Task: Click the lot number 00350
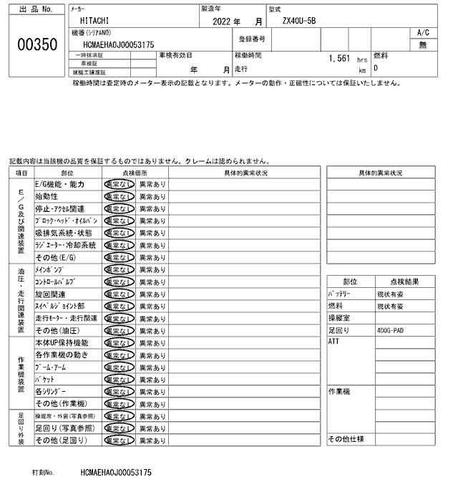pyautogui.click(x=36, y=44)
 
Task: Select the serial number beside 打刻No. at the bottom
pyautogui.click(x=116, y=473)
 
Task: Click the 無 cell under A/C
pyautogui.click(x=423, y=44)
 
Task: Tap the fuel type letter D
pyautogui.click(x=376, y=67)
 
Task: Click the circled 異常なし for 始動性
pyautogui.click(x=118, y=196)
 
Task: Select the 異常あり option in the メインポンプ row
pyautogui.click(x=152, y=269)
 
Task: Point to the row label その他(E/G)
pyautogui.click(x=55, y=257)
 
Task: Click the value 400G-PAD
pyautogui.click(x=390, y=330)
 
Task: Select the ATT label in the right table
pyautogui.click(x=333, y=342)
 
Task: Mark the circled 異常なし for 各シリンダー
pyautogui.click(x=118, y=391)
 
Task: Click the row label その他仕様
pyautogui.click(x=346, y=439)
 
